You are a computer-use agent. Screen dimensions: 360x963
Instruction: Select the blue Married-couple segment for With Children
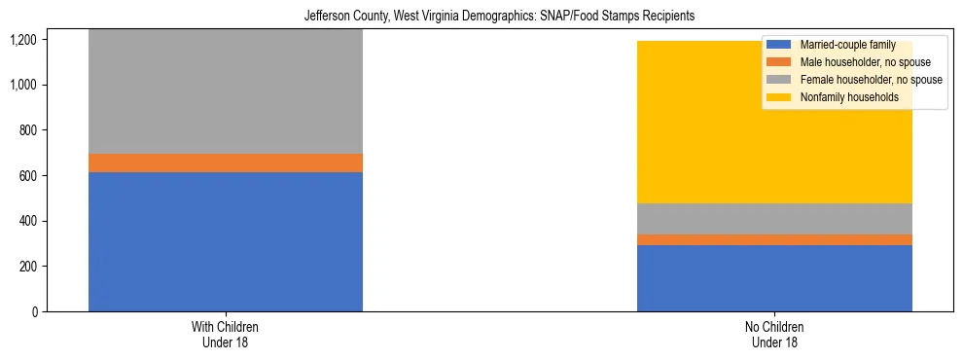(x=226, y=241)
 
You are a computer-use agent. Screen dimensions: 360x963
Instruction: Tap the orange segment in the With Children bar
(x=226, y=162)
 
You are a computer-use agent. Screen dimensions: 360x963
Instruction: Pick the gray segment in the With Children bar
(x=226, y=91)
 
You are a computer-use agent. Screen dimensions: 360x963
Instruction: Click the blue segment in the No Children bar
(x=774, y=277)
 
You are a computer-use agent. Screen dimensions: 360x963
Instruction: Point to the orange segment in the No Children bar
(x=774, y=239)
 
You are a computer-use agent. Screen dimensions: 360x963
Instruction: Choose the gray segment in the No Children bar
(x=774, y=219)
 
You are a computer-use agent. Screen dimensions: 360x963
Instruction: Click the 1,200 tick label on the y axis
(x=22, y=40)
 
